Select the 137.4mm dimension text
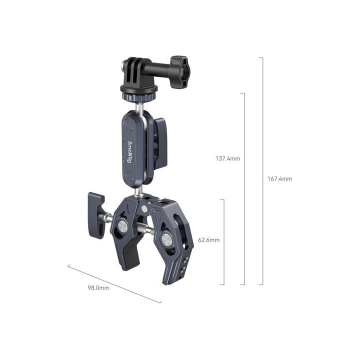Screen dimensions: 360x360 tap(227, 158)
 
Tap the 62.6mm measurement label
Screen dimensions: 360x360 tap(209, 240)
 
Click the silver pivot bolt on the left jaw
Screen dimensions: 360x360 tap(121, 227)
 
